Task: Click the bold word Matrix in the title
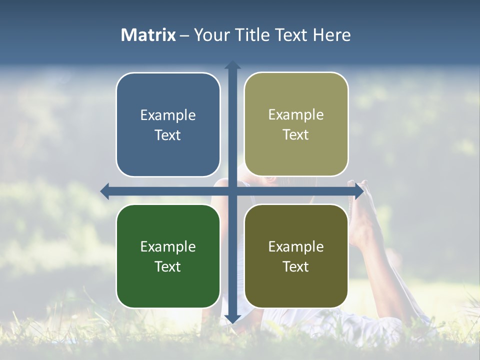point(148,35)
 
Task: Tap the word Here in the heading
point(331,35)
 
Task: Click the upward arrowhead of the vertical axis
point(232,64)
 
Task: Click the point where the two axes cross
point(232,191)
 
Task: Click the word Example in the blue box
point(168,115)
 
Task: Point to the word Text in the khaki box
point(296,135)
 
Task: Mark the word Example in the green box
point(168,246)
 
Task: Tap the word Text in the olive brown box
point(296,266)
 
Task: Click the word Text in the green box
point(168,266)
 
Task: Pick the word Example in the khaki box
point(296,115)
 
